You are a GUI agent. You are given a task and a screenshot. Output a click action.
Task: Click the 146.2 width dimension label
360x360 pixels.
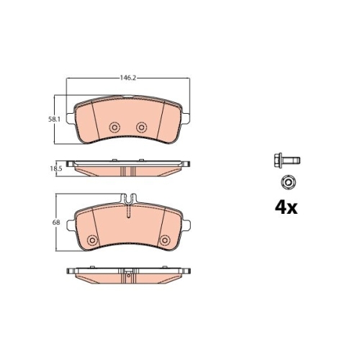[128, 78]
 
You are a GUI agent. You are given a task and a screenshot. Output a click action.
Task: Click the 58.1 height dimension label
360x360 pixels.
[54, 119]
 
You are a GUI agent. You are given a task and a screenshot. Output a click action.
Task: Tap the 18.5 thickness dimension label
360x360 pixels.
[56, 168]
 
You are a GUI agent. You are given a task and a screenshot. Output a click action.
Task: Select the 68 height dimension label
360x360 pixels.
[56, 222]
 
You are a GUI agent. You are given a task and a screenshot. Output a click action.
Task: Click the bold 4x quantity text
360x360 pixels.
[286, 208]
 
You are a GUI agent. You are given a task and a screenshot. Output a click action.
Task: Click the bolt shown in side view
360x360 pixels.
[287, 160]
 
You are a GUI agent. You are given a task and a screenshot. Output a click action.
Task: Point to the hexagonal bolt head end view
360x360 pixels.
[288, 183]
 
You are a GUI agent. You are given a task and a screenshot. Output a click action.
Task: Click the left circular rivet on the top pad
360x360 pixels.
[114, 127]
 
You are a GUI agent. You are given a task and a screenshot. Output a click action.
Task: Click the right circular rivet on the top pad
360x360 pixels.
[142, 127]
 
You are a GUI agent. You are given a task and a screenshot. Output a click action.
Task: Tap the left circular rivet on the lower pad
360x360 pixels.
[92, 240]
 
